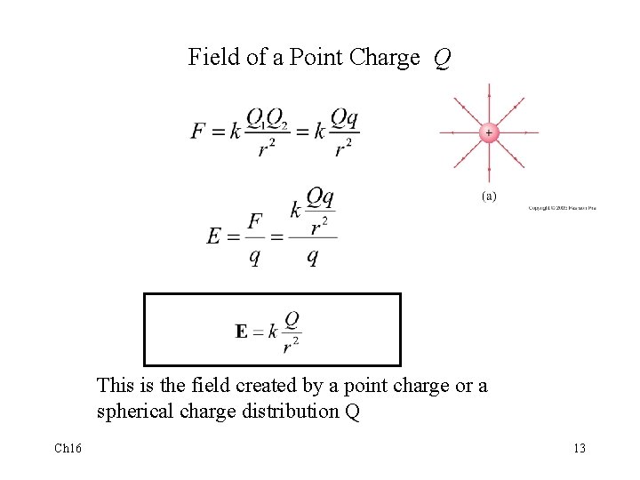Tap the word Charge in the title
pyautogui.click(x=385, y=59)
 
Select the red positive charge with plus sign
pyautogui.click(x=488, y=132)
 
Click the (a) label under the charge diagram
pyautogui.click(x=489, y=196)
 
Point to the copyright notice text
pyautogui.click(x=562, y=209)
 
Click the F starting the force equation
pyautogui.click(x=199, y=132)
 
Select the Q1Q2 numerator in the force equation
pyautogui.click(x=266, y=118)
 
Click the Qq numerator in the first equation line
pyautogui.click(x=345, y=117)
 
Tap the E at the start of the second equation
pyautogui.click(x=214, y=236)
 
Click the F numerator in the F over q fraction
pyautogui.click(x=256, y=220)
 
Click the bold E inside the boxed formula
pyautogui.click(x=242, y=332)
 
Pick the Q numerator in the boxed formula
pyautogui.click(x=291, y=317)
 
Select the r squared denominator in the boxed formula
pyautogui.click(x=291, y=346)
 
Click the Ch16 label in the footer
pyautogui.click(x=67, y=448)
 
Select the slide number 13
pyautogui.click(x=579, y=448)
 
